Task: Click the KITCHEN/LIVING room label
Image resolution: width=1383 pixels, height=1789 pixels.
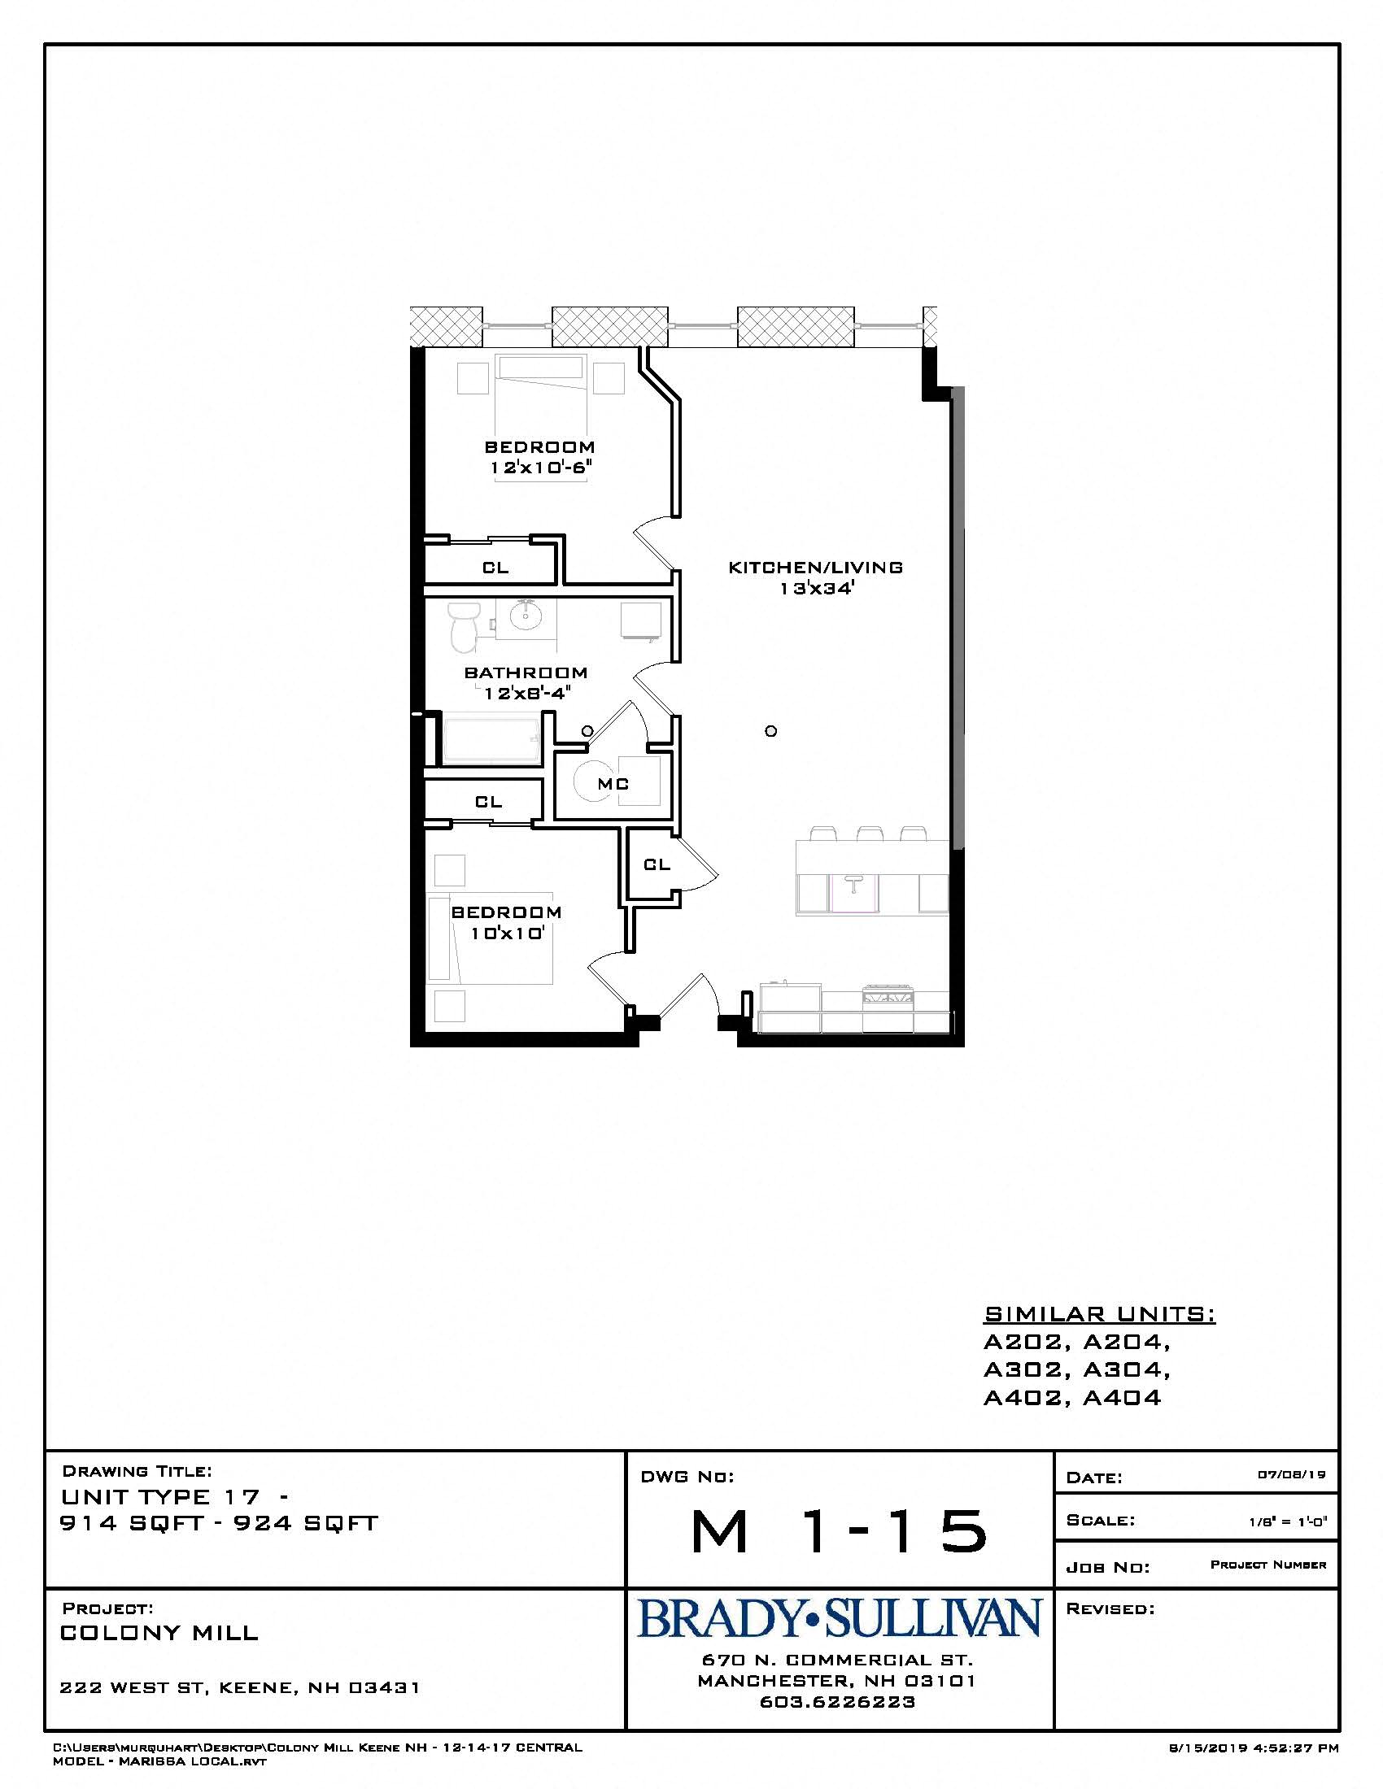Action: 816,567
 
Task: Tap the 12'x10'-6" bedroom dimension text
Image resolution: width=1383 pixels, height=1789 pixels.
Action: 541,468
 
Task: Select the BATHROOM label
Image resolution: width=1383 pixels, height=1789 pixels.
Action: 526,673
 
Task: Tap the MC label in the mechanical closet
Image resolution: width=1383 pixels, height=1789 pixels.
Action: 613,784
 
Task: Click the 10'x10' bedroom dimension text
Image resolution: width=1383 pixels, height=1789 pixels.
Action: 507,933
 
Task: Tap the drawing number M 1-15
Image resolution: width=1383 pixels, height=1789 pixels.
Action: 839,1531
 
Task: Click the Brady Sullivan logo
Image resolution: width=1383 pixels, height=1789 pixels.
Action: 839,1617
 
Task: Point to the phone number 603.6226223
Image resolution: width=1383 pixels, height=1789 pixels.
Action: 837,1701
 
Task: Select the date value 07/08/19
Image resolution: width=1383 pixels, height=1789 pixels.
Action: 1291,1474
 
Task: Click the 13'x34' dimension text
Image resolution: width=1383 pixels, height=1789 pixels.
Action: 817,588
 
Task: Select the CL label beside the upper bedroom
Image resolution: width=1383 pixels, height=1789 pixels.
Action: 495,567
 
